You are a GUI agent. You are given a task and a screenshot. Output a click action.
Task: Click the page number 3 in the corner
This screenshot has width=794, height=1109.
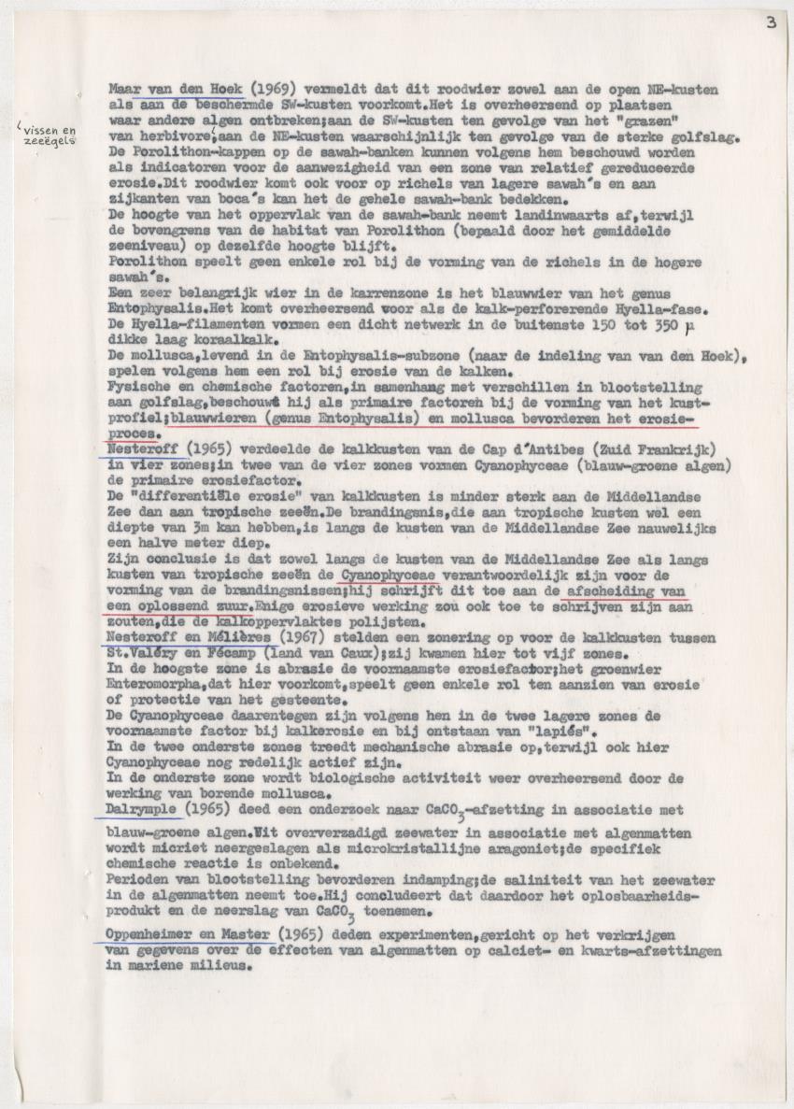click(772, 22)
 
